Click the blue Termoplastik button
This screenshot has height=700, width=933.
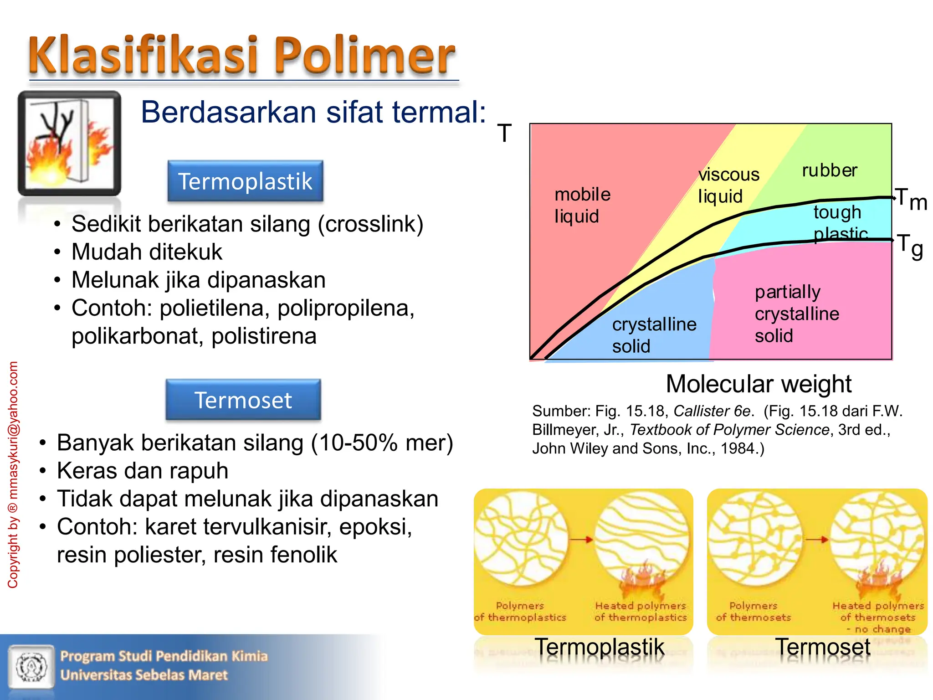point(245,181)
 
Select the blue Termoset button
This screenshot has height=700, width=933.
point(243,400)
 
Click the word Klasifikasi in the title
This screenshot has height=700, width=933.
point(144,56)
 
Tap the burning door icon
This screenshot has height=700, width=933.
point(69,143)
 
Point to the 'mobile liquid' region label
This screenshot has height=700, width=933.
point(582,205)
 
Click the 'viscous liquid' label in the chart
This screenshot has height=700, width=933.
point(728,185)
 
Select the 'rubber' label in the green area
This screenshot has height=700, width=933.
point(829,170)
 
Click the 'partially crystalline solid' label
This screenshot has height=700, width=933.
point(796,314)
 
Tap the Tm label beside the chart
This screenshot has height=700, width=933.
point(910,199)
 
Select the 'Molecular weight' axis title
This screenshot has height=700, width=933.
point(759,384)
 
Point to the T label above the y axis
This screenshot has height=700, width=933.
point(504,134)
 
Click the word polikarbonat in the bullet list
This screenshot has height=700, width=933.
point(136,336)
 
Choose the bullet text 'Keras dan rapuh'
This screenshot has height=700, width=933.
point(143,470)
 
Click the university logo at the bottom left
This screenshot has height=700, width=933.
point(31,666)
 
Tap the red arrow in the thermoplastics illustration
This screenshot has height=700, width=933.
point(582,540)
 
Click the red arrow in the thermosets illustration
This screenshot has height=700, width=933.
point(817,540)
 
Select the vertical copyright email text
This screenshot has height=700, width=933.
point(13,474)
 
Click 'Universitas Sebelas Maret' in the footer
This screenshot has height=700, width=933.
point(144,675)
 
